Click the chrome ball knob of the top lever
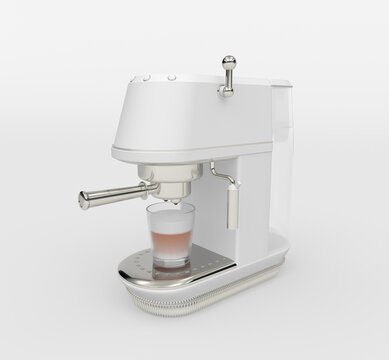coord(228,61)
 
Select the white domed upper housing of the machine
coord(190,115)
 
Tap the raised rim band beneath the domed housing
coord(190,154)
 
